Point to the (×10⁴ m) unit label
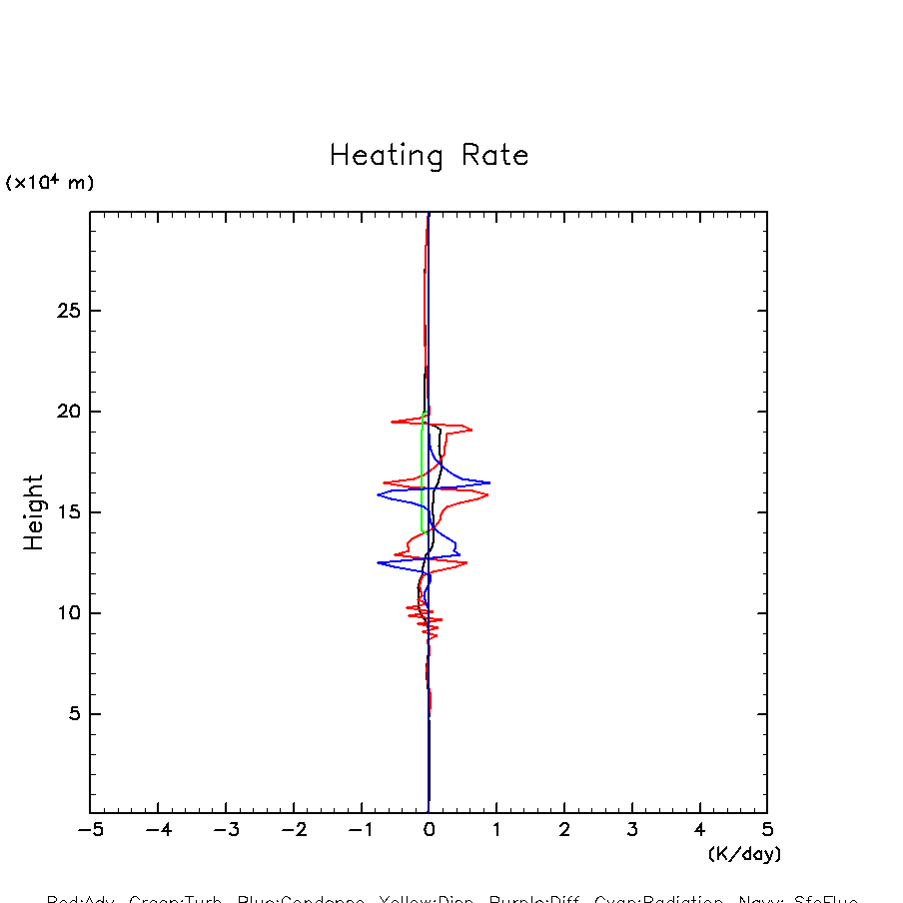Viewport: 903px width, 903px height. pyautogui.click(x=50, y=183)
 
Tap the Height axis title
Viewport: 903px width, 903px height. pyautogui.click(x=35, y=512)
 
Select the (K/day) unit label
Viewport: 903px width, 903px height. pyautogui.click(x=744, y=854)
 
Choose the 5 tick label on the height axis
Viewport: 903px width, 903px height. pyautogui.click(x=72, y=714)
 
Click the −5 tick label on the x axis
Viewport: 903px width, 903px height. pyautogui.click(x=90, y=830)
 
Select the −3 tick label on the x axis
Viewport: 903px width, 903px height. pyautogui.click(x=226, y=830)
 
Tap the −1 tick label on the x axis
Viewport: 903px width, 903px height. pyautogui.click(x=361, y=830)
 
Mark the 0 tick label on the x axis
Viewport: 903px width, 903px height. pyautogui.click(x=429, y=830)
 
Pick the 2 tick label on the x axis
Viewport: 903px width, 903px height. pyautogui.click(x=564, y=830)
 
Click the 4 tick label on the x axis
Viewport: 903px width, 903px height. pyautogui.click(x=699, y=830)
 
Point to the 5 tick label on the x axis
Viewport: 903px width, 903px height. pyautogui.click(x=767, y=830)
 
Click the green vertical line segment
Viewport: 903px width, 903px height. pyautogui.click(x=423, y=469)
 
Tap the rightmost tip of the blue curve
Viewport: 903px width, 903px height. pyautogui.click(x=489, y=482)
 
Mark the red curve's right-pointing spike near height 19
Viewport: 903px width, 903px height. pyautogui.click(x=470, y=430)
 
